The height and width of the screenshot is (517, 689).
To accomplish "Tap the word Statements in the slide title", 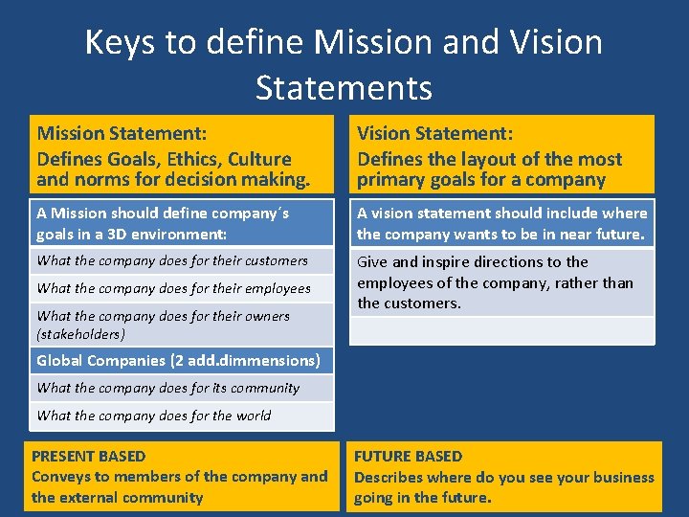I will pyautogui.click(x=344, y=88).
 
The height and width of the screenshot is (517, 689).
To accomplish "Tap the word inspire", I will pyautogui.click(x=445, y=261).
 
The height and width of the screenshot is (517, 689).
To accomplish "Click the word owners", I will pyautogui.click(x=262, y=316).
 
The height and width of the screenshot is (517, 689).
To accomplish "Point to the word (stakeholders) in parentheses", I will pyautogui.click(x=80, y=334).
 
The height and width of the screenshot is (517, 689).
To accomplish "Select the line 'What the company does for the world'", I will pyautogui.click(x=153, y=416).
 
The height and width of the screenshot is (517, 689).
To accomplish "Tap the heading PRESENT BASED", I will pyautogui.click(x=89, y=456).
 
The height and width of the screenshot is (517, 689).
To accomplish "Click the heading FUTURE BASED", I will pyautogui.click(x=408, y=456).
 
